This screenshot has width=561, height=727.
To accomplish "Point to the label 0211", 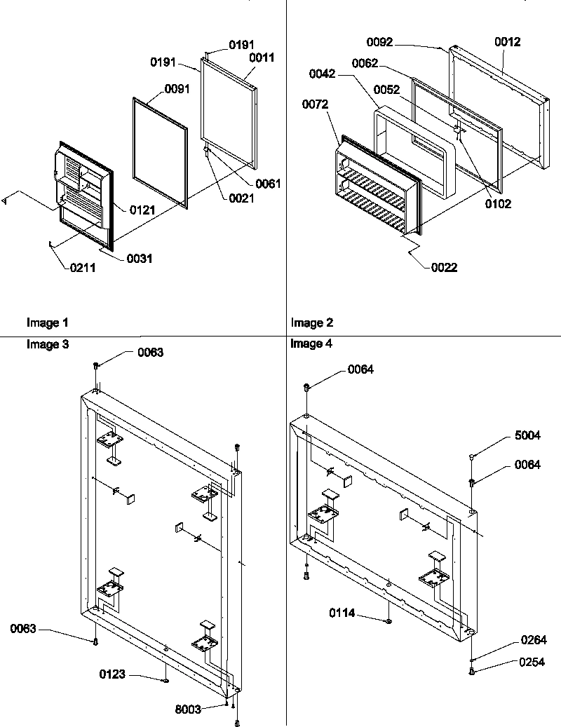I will pos(82,266).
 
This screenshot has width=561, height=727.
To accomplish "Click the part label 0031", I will pos(140,259).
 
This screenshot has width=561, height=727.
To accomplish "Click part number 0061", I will pos(268,184).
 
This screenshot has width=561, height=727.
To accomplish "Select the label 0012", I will pos(507,42).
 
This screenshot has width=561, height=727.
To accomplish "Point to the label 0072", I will pos(315,104).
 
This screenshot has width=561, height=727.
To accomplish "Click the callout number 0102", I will pos(498,204).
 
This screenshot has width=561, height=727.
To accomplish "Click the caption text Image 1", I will pos(48,323).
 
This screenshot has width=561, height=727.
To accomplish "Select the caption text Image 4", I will pos(311,344).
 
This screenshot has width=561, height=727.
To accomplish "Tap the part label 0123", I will pos(112,674).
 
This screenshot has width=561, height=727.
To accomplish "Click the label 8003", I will pos(187,709).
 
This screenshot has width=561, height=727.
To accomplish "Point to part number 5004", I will pos(527,435).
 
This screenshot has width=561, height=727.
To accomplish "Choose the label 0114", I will pos(343,613).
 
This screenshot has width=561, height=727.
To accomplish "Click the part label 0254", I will pos(534,661).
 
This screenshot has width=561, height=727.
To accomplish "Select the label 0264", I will pos(534,640).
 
